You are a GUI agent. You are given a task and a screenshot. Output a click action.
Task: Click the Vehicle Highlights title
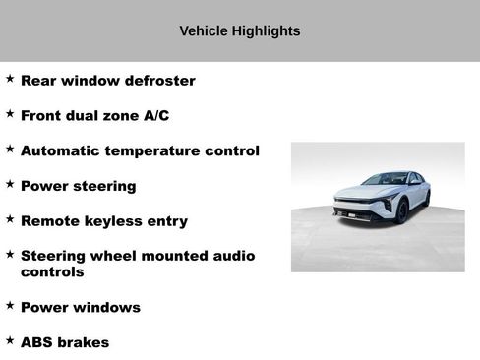tap(239, 31)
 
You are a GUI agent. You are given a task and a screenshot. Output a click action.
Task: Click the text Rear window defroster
tap(108, 81)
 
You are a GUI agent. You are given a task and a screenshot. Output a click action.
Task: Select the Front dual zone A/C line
tap(94, 116)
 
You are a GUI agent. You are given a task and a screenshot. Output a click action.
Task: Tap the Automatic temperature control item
tap(140, 151)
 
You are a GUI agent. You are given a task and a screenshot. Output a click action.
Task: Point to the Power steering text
tap(78, 186)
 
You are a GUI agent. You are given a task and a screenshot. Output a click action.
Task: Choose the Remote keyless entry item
tap(103, 221)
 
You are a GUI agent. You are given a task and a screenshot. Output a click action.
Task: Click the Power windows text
tap(80, 308)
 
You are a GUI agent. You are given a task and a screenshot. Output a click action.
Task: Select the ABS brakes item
tap(65, 343)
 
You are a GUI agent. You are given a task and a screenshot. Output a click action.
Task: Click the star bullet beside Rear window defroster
tap(10, 78)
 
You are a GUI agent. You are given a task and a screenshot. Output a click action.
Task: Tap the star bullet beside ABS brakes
tap(10, 340)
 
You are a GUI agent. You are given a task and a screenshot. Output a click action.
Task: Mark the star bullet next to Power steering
tap(10, 183)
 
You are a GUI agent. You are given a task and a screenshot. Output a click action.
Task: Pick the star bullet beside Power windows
tap(10, 305)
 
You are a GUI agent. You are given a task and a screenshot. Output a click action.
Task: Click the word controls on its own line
tap(52, 272)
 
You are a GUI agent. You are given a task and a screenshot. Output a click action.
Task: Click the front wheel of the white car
tap(401, 210)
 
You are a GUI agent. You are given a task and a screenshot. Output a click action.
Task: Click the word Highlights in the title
tap(266, 31)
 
